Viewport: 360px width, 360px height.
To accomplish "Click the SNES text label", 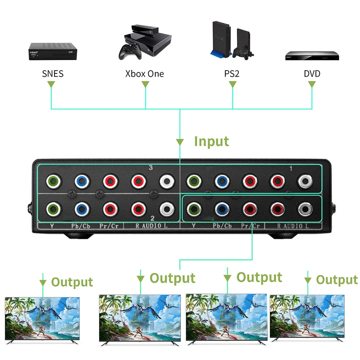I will (x=53, y=74).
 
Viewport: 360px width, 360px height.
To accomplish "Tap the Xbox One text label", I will (x=144, y=74).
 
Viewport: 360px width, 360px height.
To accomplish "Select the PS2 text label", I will (x=232, y=74).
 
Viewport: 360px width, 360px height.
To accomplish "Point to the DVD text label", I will (x=312, y=74).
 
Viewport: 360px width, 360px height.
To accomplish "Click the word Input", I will (x=211, y=141).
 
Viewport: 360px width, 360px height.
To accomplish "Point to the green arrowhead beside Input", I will (x=180, y=141).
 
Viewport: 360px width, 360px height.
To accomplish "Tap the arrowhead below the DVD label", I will (x=312, y=85).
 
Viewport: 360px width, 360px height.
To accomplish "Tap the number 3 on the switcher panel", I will (x=151, y=168).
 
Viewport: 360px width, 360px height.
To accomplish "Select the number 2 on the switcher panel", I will (x=152, y=218).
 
